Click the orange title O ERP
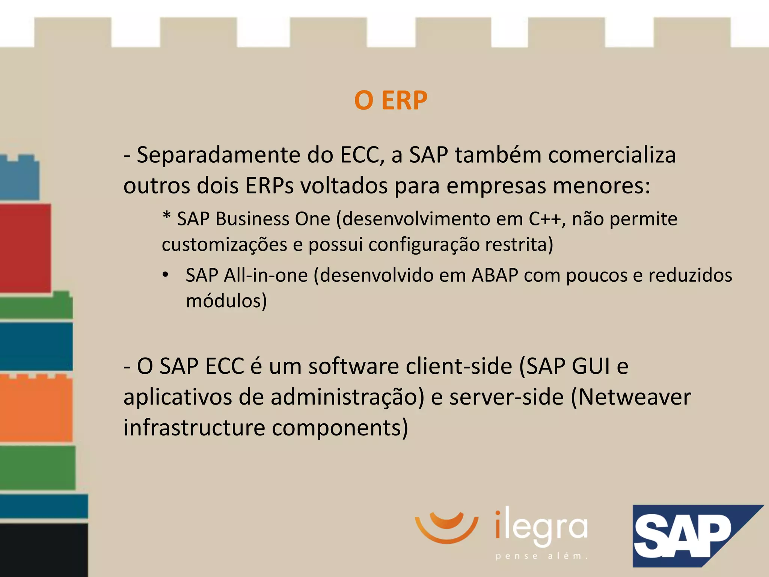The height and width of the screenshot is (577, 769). pyautogui.click(x=391, y=101)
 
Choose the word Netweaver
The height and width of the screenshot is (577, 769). pyautogui.click(x=635, y=397)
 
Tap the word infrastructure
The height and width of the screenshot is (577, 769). pyautogui.click(x=194, y=428)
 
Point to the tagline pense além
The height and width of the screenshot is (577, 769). pyautogui.click(x=541, y=556)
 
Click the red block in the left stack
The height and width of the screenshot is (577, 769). pyautogui.click(x=25, y=248)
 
